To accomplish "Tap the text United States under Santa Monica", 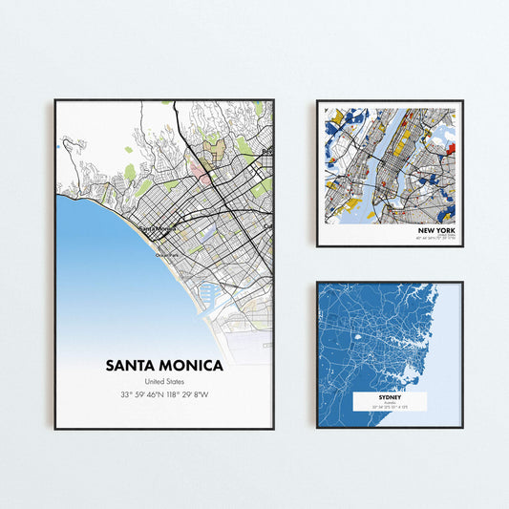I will pos(164,382).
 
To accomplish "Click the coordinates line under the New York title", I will pos(435,239).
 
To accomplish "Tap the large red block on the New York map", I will pos(452,148).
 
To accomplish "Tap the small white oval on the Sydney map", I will pos(358,335).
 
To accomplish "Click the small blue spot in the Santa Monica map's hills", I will pos(59,147).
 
